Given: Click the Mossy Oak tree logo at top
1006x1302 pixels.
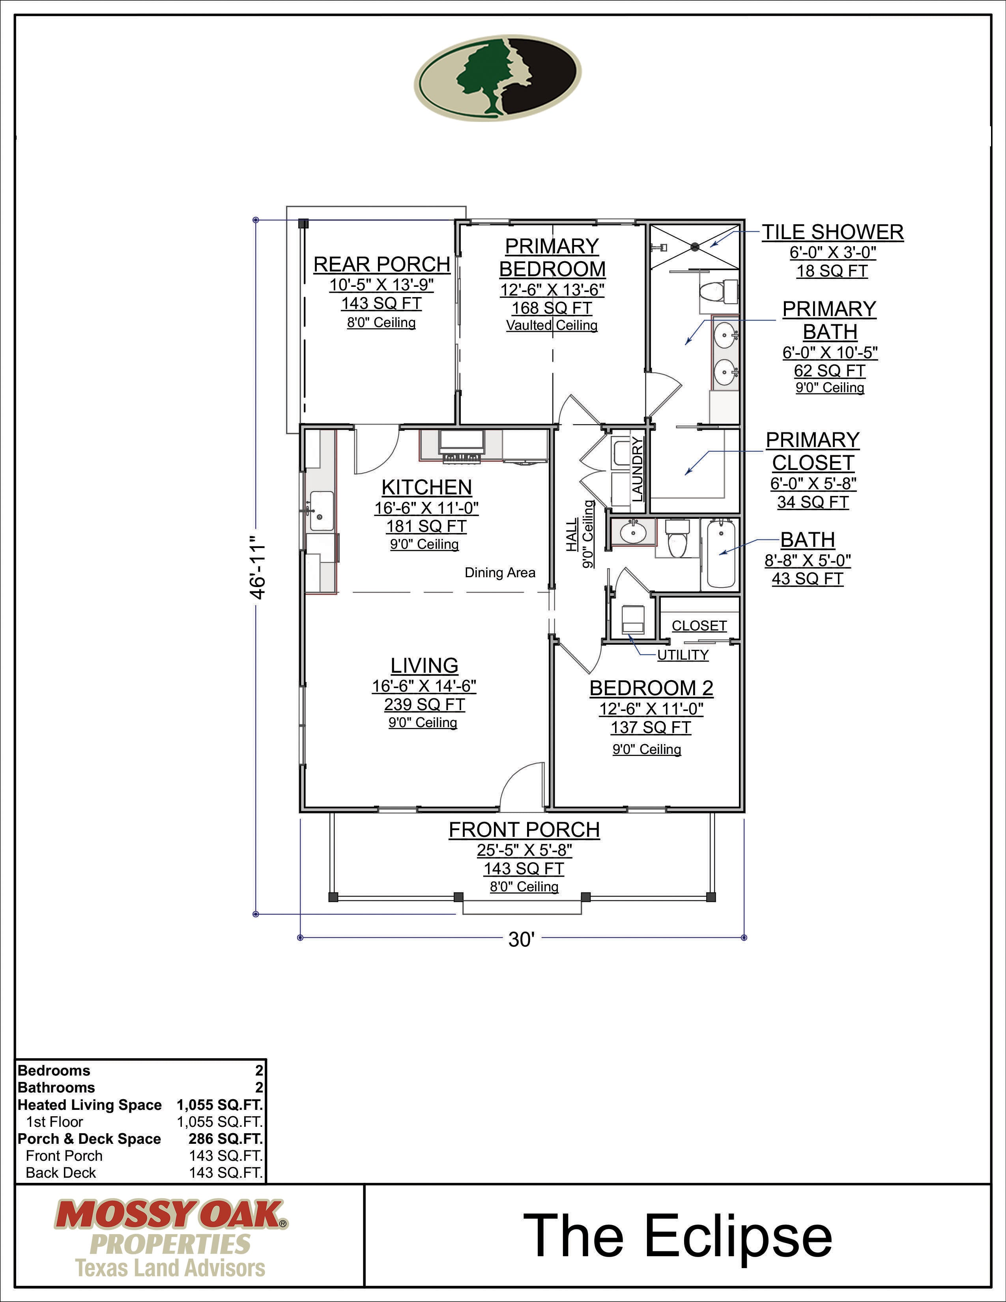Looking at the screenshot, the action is tap(497, 77).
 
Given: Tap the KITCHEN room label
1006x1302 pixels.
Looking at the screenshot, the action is tap(427, 487).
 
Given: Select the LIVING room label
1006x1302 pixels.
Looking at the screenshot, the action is tap(424, 665).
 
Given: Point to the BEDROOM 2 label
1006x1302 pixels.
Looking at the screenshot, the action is tap(651, 688).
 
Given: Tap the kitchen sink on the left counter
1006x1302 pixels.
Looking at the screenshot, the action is tap(321, 511).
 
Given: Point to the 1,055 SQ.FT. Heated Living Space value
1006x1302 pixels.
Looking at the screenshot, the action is tap(219, 1105).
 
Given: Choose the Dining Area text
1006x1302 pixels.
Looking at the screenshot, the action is tap(500, 572).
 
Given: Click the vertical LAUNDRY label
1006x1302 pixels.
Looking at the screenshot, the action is tap(638, 469).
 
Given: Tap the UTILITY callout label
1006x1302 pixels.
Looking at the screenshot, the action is tap(683, 655).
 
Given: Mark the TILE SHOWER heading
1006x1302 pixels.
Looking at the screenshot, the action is tap(832, 232).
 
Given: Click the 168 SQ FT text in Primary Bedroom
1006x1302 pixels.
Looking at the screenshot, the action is tap(552, 308).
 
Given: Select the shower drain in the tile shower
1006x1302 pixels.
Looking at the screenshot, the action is tap(695, 246).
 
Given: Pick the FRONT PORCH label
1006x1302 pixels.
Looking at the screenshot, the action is tap(524, 829).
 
